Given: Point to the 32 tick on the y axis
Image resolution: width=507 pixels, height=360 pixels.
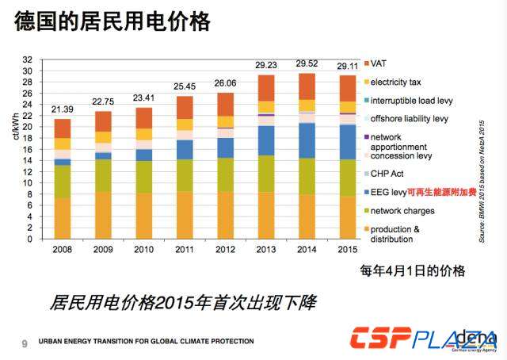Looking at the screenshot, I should coord(28,59).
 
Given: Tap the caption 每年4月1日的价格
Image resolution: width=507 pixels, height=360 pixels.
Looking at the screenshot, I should coord(412,270).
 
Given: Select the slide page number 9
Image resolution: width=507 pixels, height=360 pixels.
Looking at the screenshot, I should coord(24,343).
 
